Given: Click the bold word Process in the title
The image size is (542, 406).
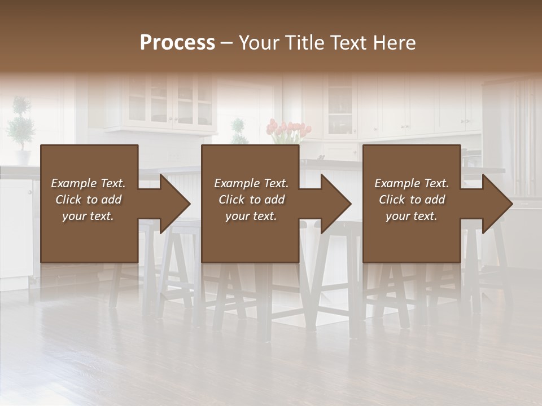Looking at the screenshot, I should coord(177,43).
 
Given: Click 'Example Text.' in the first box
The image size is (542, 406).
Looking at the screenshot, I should coord(88,183).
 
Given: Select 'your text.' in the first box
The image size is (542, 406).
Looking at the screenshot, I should coord(88,216).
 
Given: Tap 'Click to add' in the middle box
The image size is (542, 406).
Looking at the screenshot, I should coord(251,200).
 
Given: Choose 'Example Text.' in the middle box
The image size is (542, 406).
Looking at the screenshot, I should coord(251,183).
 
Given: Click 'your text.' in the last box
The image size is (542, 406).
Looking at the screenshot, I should coord(412,216).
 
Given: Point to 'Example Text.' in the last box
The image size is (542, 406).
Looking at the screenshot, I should coord(412,183).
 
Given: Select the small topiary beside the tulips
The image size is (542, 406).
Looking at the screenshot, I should coord(238,131).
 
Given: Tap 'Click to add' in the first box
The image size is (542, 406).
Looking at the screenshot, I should coord(88,200).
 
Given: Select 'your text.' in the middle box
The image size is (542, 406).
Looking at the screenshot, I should coord(251,216).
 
